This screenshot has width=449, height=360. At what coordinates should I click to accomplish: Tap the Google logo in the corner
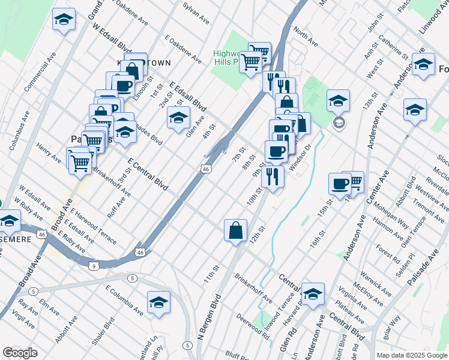20,353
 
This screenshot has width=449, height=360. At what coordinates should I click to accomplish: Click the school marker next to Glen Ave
178,119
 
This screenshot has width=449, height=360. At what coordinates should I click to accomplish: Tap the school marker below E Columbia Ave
158,303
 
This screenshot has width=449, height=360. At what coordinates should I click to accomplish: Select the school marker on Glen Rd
313,295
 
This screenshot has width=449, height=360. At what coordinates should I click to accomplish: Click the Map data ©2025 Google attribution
411,355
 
